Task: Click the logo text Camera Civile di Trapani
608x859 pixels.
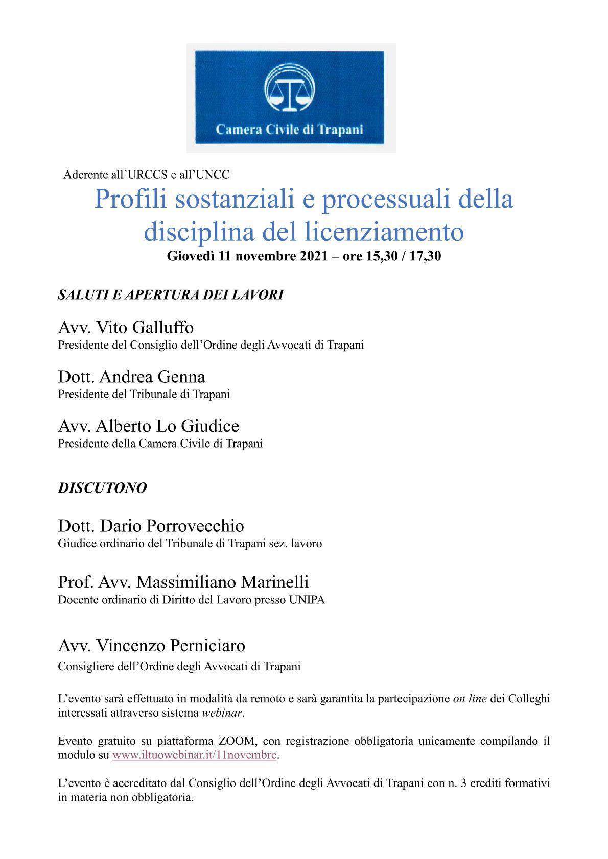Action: tap(289, 129)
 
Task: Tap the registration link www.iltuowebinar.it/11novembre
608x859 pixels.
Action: tap(194, 755)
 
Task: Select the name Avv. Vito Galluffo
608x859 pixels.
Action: tap(126, 327)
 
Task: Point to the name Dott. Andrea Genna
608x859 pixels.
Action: tap(131, 377)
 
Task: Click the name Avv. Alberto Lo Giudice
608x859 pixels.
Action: tap(148, 426)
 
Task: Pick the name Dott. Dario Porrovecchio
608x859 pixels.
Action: tap(151, 526)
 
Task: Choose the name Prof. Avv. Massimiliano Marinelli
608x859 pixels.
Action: tap(183, 582)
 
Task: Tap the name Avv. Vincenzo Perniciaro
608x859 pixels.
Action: tap(151, 646)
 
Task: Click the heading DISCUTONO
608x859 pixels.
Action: tap(102, 488)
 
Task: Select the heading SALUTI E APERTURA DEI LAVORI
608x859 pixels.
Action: tap(171, 295)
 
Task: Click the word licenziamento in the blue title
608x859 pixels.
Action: tap(384, 232)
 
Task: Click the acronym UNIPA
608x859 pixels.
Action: tap(307, 600)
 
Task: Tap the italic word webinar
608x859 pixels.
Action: tap(222, 713)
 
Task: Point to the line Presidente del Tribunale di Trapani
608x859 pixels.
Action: tap(144, 394)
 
